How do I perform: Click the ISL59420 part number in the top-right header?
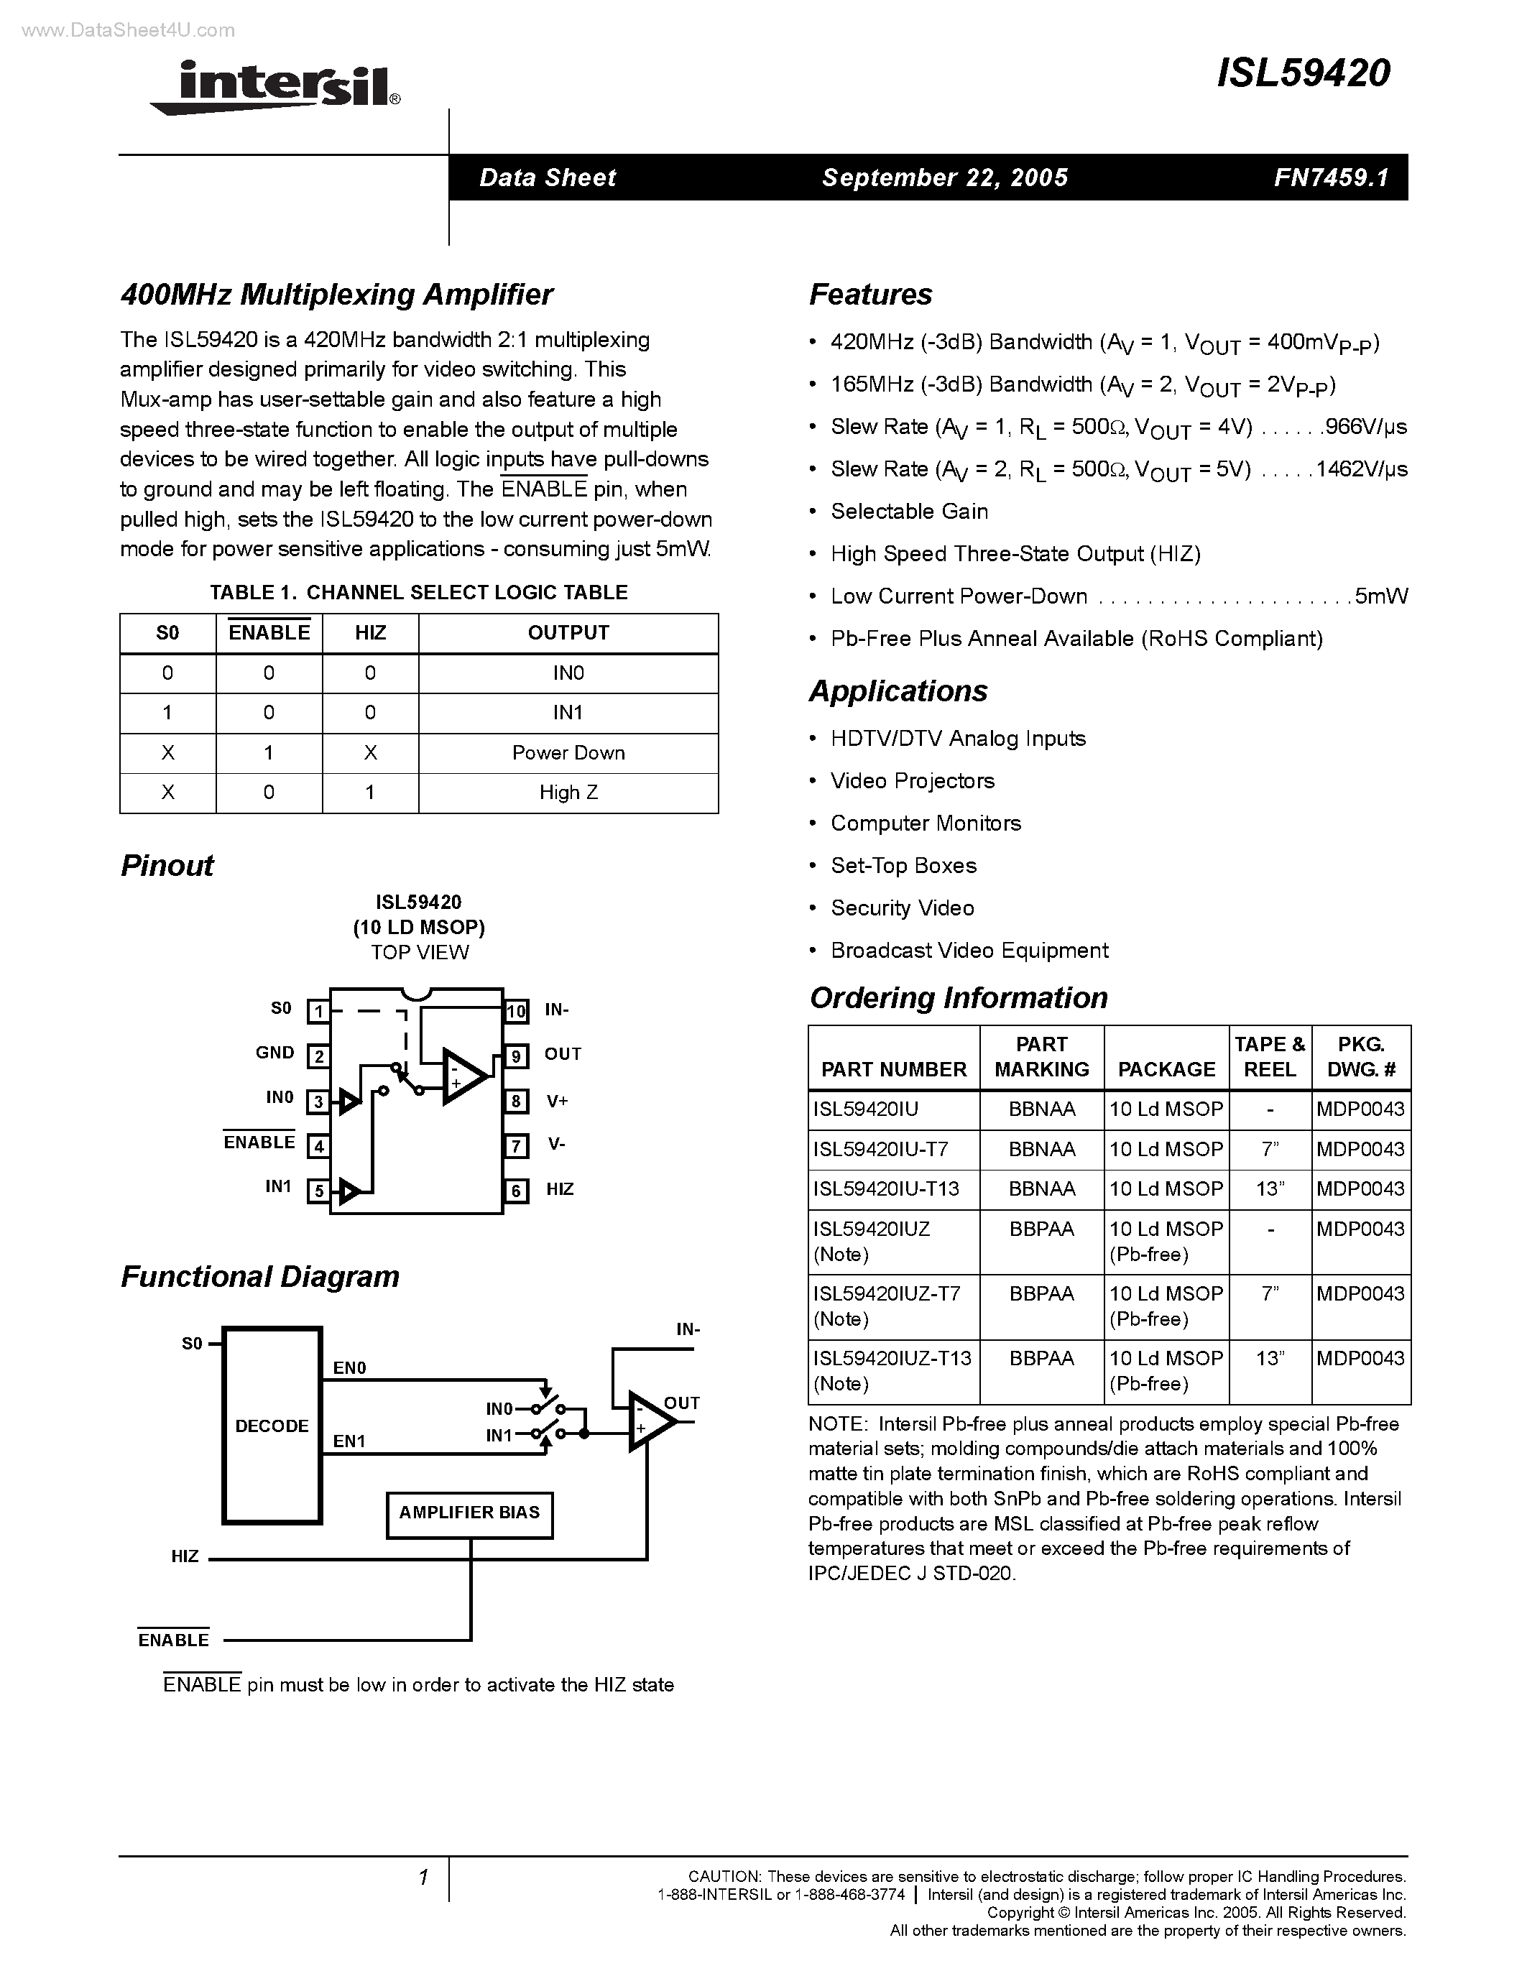[1303, 73]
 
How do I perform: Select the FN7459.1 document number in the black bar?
[1331, 177]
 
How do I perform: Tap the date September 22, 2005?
[944, 177]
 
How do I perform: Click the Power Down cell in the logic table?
[568, 753]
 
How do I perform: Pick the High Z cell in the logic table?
[568, 793]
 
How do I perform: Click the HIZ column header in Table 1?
[370, 633]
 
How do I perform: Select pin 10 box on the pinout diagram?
[516, 1010]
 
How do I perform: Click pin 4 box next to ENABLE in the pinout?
[318, 1146]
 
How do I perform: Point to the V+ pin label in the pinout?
[557, 1101]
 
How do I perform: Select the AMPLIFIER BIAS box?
[469, 1513]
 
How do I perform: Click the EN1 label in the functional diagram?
[349, 1441]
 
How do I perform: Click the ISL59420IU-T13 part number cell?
[885, 1189]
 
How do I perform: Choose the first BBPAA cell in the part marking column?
[1041, 1229]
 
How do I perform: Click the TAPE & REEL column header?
[1269, 1057]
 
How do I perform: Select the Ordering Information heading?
[958, 997]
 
